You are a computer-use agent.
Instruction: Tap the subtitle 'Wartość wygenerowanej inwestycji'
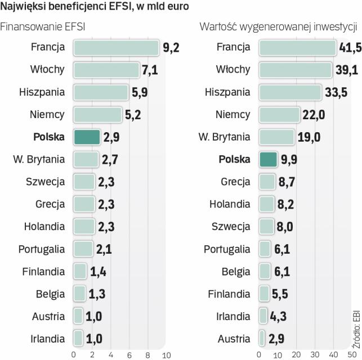279,26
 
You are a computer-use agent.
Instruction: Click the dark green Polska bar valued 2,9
87,137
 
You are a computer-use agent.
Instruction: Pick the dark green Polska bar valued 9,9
268,159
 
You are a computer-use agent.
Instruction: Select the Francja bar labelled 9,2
116,47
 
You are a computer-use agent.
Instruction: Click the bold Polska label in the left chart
49,137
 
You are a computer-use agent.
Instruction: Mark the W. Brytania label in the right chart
224,137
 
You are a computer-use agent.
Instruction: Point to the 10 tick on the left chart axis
166,354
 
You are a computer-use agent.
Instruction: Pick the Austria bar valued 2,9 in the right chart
262,339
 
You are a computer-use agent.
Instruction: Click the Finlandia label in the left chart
43,272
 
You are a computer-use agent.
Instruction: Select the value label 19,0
309,137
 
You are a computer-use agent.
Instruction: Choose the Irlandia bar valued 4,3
263,316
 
